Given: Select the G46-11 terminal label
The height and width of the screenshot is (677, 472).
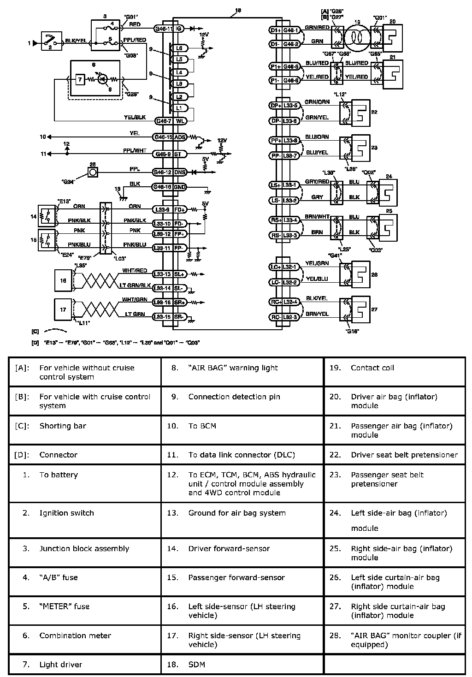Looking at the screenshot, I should [164, 29].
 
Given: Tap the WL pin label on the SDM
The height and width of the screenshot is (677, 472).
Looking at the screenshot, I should [179, 121].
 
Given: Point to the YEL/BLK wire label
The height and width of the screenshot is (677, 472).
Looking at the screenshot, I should [135, 118].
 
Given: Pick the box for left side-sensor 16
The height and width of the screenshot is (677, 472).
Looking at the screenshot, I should [63, 280].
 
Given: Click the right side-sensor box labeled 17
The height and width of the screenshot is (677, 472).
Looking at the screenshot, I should [63, 309].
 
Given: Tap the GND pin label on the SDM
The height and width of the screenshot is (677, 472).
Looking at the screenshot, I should [179, 187].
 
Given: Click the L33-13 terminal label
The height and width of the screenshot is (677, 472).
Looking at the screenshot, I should [162, 274].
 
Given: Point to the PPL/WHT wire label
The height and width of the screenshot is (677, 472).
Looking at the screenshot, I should [135, 150].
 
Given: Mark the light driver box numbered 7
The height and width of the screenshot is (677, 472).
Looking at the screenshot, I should [80, 79].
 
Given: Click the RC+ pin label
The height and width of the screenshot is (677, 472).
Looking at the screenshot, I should [276, 302].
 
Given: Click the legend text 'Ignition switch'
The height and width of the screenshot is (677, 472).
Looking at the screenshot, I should [66, 513].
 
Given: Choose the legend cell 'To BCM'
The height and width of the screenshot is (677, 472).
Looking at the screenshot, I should [202, 426].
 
